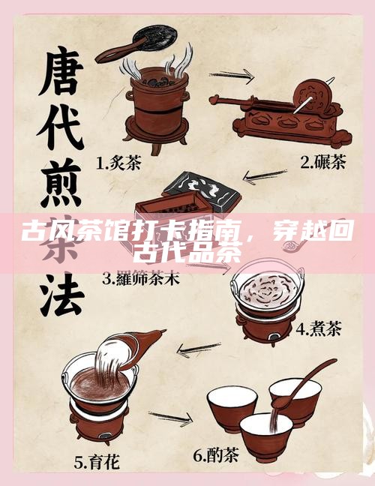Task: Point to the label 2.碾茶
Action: pos(322,160)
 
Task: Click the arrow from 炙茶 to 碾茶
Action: pos(235,75)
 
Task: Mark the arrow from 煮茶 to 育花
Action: pos(198,346)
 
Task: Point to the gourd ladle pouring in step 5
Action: pos(135,346)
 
